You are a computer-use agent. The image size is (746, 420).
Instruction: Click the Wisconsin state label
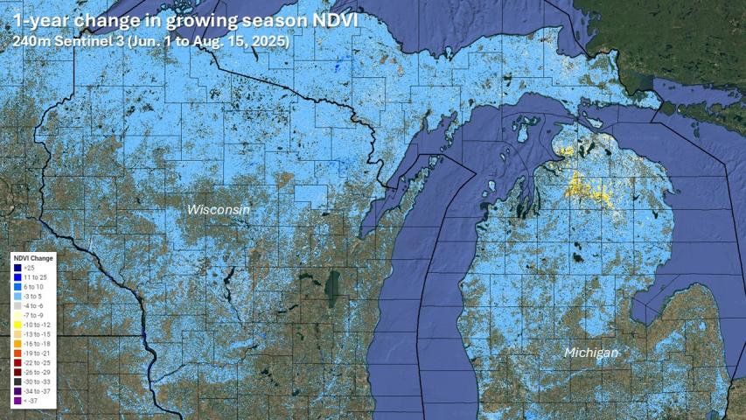click(x=219, y=210)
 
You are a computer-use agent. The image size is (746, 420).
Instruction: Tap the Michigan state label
click(x=591, y=353)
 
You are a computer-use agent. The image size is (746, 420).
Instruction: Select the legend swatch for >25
click(x=17, y=268)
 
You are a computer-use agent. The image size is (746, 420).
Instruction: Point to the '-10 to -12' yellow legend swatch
click(x=17, y=325)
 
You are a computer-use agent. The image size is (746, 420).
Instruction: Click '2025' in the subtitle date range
click(x=268, y=40)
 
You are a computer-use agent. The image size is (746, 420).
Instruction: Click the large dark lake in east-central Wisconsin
click(x=332, y=284)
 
